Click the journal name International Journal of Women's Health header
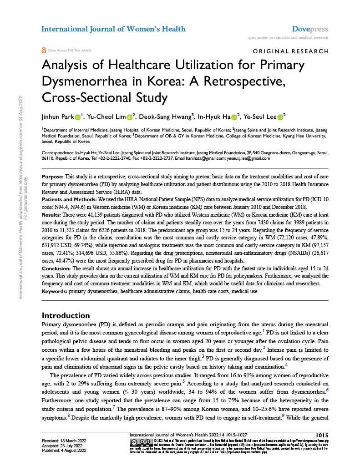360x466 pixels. [113, 29]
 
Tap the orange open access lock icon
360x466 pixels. [44, 50]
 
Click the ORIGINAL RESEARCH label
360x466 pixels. [290, 51]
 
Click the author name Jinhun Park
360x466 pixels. [57, 117]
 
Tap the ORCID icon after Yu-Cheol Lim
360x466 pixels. [129, 117]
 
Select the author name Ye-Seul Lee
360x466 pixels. [259, 117]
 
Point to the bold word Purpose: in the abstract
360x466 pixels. [53, 176]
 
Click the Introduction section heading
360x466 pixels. [66, 315]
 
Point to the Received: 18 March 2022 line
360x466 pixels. [65, 441]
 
